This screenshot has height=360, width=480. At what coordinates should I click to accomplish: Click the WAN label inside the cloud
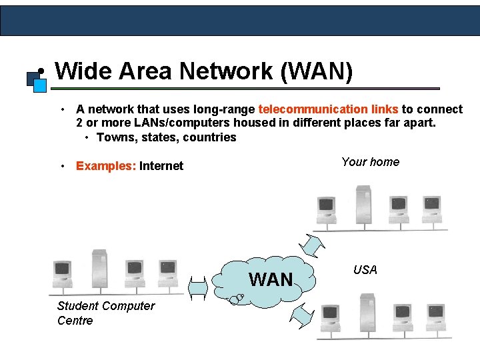coord(271,279)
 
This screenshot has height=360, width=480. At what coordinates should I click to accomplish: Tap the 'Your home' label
coord(370,162)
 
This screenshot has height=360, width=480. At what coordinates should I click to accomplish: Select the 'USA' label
coord(365,270)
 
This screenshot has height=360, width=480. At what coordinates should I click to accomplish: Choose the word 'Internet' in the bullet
coord(161,166)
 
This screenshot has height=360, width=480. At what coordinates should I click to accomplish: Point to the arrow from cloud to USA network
coord(303,315)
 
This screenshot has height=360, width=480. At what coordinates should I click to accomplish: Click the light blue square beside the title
coord(40,85)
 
